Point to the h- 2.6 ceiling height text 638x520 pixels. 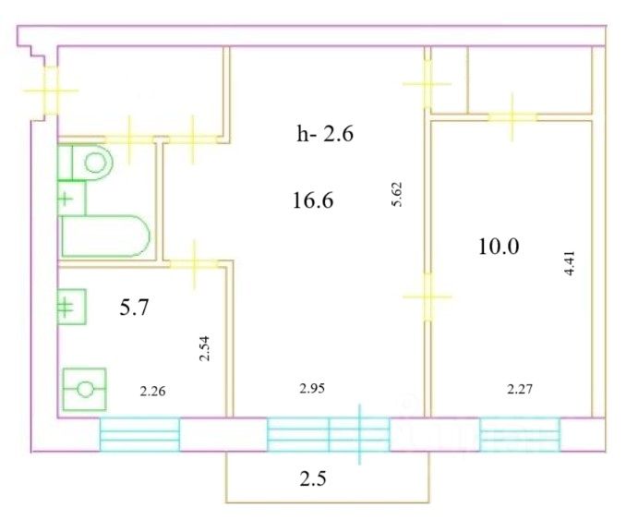[x=324, y=134]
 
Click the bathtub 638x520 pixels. [x=104, y=237]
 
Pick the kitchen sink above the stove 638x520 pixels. [x=72, y=306]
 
